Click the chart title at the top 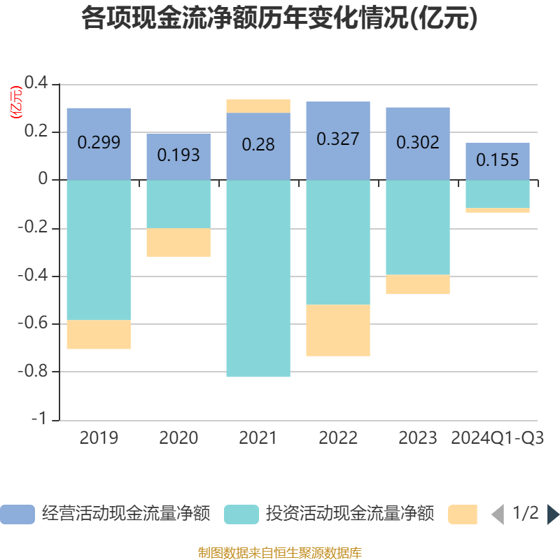pyautogui.click(x=279, y=19)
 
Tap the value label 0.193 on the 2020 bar pyautogui.click(x=178, y=155)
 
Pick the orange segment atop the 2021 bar pyautogui.click(x=258, y=106)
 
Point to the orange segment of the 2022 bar pyautogui.click(x=338, y=330)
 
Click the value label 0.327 pyautogui.click(x=338, y=139)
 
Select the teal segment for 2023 pyautogui.click(x=418, y=227)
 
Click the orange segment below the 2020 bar pyautogui.click(x=178, y=242)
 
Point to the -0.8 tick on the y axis pyautogui.click(x=38, y=372)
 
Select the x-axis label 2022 pyautogui.click(x=338, y=438)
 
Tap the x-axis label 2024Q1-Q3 pyautogui.click(x=498, y=438)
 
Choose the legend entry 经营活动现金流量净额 pyautogui.click(x=105, y=514)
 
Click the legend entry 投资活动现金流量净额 pyautogui.click(x=329, y=514)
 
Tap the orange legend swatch pyautogui.click(x=463, y=514)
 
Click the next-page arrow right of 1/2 pyautogui.click(x=553, y=514)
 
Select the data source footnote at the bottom pyautogui.click(x=279, y=552)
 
